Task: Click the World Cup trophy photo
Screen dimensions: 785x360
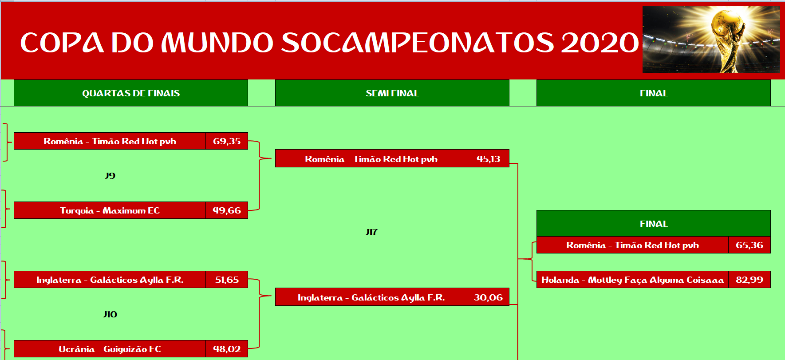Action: (711, 40)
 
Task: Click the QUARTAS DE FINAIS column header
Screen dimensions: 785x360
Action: (131, 93)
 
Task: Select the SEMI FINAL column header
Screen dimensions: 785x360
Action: (392, 93)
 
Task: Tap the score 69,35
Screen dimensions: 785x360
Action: (227, 141)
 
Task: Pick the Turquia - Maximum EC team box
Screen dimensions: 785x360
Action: (110, 210)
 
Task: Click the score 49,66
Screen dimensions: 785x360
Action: (227, 210)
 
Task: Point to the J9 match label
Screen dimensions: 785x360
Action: (110, 176)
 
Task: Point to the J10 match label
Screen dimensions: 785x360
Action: (110, 314)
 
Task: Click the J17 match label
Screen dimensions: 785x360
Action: (371, 232)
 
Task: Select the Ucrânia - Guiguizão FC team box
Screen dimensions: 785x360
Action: (110, 349)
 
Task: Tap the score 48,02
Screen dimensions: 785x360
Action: (227, 349)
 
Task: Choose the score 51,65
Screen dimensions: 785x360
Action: (227, 280)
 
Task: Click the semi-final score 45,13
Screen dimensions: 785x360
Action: (488, 159)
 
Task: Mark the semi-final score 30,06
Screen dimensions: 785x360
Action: (488, 297)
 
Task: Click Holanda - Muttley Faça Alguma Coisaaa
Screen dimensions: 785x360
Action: (632, 280)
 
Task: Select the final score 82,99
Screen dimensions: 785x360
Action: (749, 280)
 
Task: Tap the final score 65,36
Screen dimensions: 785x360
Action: (749, 245)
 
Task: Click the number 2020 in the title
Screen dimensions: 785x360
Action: (600, 43)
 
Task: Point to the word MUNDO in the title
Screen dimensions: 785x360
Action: (217, 43)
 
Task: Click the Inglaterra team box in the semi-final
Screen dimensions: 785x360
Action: (371, 297)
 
